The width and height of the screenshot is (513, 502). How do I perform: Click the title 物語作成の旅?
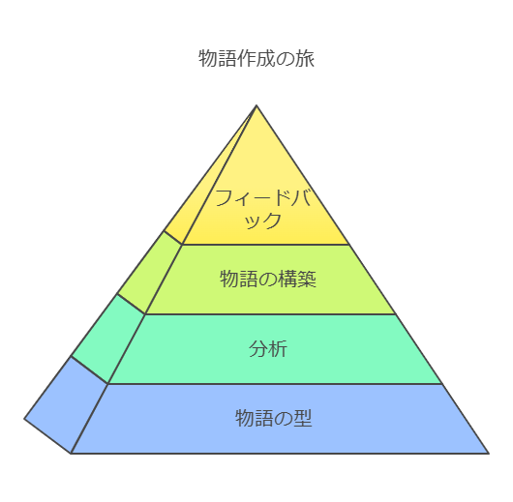click(256, 59)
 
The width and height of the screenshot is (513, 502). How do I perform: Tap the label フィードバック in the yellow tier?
click(262, 209)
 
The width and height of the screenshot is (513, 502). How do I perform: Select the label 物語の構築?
click(268, 279)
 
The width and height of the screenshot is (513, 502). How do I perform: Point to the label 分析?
click(268, 348)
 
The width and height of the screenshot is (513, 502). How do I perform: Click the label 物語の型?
click(274, 418)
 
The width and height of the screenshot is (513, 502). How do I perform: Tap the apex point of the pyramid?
click(256, 105)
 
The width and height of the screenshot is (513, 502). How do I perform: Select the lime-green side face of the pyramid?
click(150, 273)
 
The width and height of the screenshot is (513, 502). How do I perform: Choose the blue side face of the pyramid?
click(67, 405)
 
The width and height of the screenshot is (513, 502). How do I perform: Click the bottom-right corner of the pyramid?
click(489, 454)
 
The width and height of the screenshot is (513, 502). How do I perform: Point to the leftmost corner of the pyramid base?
click(24, 419)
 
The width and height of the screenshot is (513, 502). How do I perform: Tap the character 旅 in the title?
click(305, 59)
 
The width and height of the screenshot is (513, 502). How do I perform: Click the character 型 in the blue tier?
click(303, 418)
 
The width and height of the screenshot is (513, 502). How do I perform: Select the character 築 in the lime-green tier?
click(307, 279)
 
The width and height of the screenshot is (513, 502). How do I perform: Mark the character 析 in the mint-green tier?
click(278, 348)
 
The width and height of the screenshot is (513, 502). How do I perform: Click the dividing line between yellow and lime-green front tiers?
click(265, 245)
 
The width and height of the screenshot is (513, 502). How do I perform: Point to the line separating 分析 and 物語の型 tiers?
click(275, 384)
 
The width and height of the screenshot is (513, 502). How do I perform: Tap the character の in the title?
click(286, 59)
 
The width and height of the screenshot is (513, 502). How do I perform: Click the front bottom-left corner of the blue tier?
click(71, 454)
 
